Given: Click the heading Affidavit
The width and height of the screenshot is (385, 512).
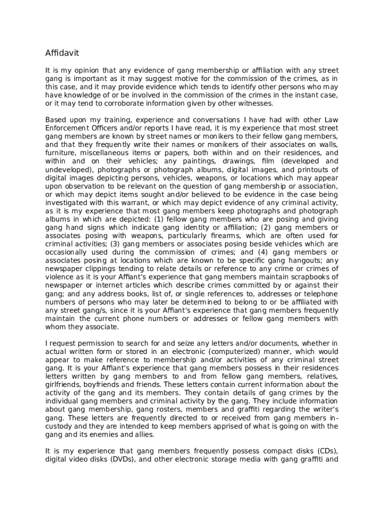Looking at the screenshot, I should pos(62,53).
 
